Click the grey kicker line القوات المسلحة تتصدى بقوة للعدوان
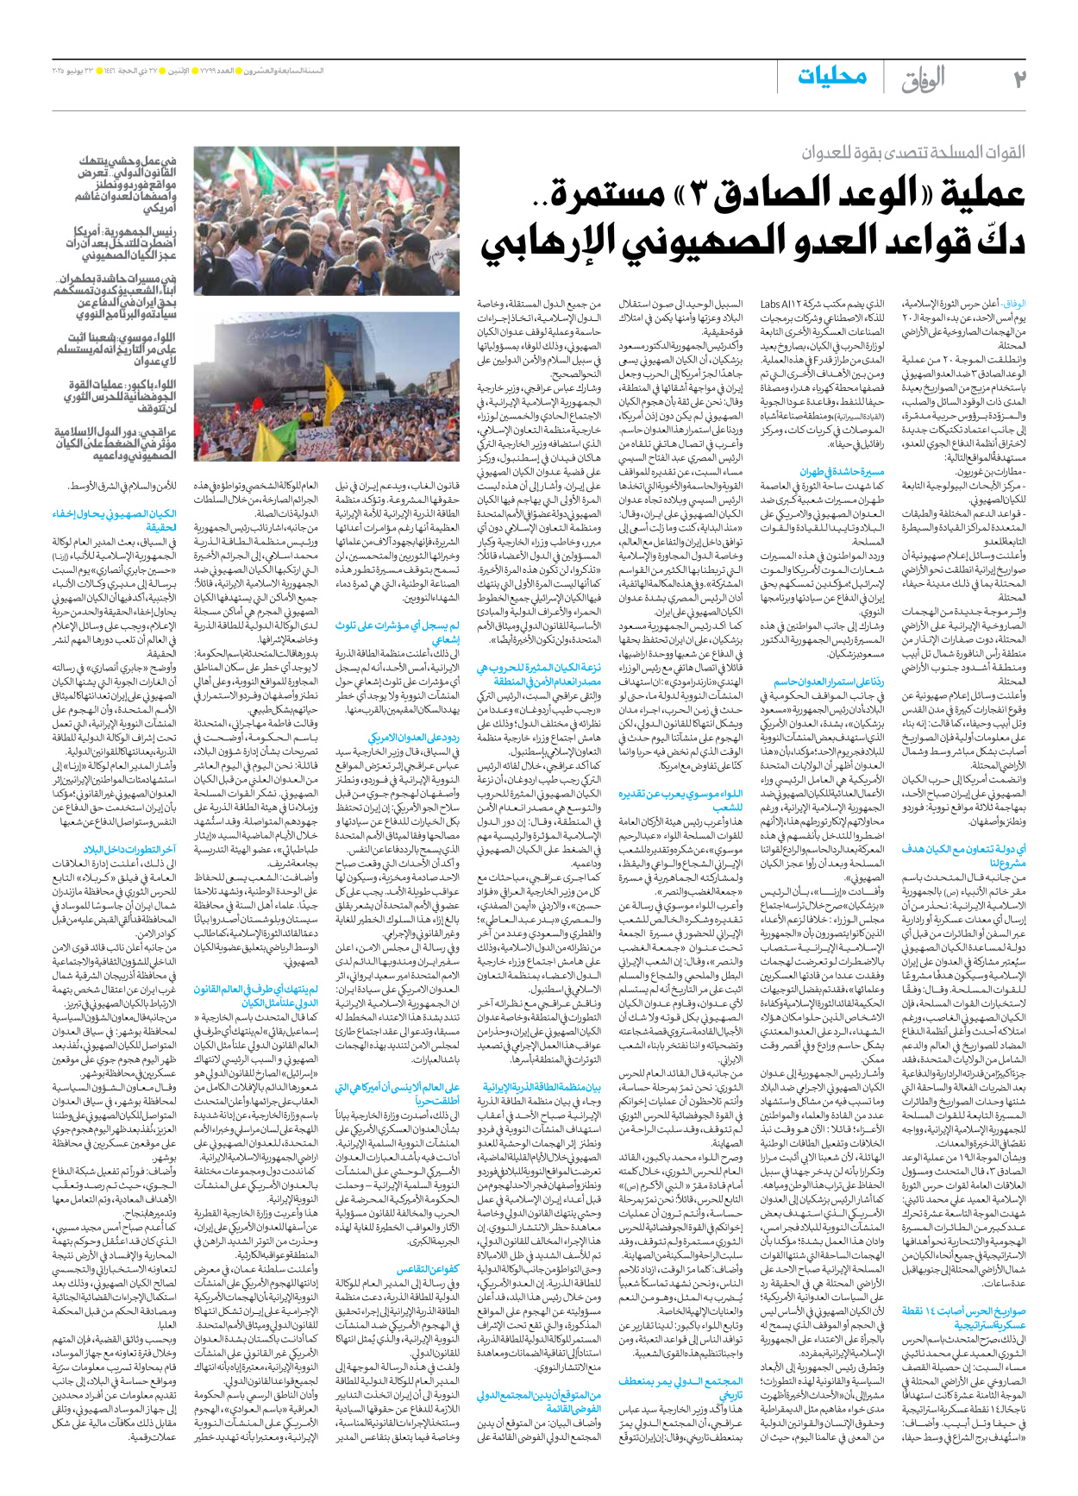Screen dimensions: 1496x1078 tap(912, 154)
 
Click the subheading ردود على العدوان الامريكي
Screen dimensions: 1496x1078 tap(414, 738)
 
